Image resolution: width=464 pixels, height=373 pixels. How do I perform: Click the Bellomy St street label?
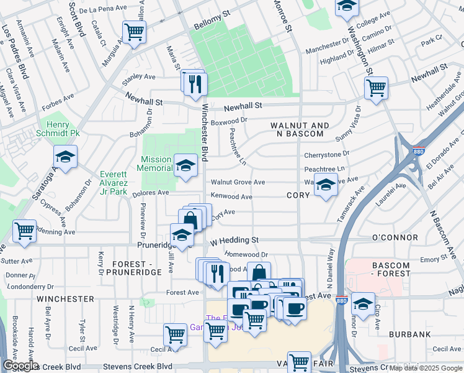click(x=212, y=29)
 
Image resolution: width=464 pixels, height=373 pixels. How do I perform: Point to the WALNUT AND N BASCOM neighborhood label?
click(x=297, y=129)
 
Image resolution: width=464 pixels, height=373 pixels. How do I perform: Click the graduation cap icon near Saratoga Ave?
click(x=65, y=157)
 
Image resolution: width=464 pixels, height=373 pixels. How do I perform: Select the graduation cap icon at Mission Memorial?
click(x=185, y=165)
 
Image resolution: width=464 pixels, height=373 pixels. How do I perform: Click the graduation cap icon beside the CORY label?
click(x=326, y=185)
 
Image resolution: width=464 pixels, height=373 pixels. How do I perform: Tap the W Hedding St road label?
click(x=234, y=240)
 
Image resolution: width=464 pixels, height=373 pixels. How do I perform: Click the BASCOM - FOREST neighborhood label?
click(x=391, y=269)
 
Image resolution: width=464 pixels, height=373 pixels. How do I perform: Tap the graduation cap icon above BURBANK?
click(x=364, y=305)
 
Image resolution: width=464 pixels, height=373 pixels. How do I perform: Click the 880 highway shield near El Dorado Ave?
click(x=416, y=150)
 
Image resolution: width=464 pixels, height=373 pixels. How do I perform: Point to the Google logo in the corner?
click(x=20, y=366)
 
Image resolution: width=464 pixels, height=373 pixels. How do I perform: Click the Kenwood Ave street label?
click(x=231, y=196)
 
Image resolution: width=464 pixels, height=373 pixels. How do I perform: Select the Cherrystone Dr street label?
click(x=326, y=154)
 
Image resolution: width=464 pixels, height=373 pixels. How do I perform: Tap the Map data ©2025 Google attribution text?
click(x=425, y=369)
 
